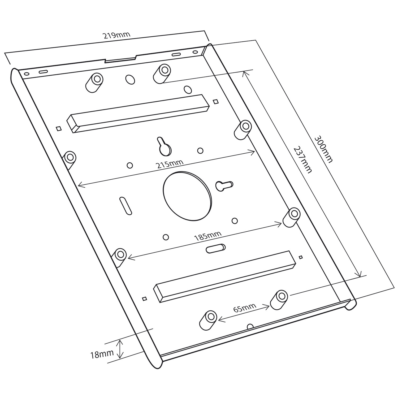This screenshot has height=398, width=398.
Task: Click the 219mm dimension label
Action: (x=117, y=35)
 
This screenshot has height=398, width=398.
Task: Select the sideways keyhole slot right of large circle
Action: (x=224, y=185)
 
